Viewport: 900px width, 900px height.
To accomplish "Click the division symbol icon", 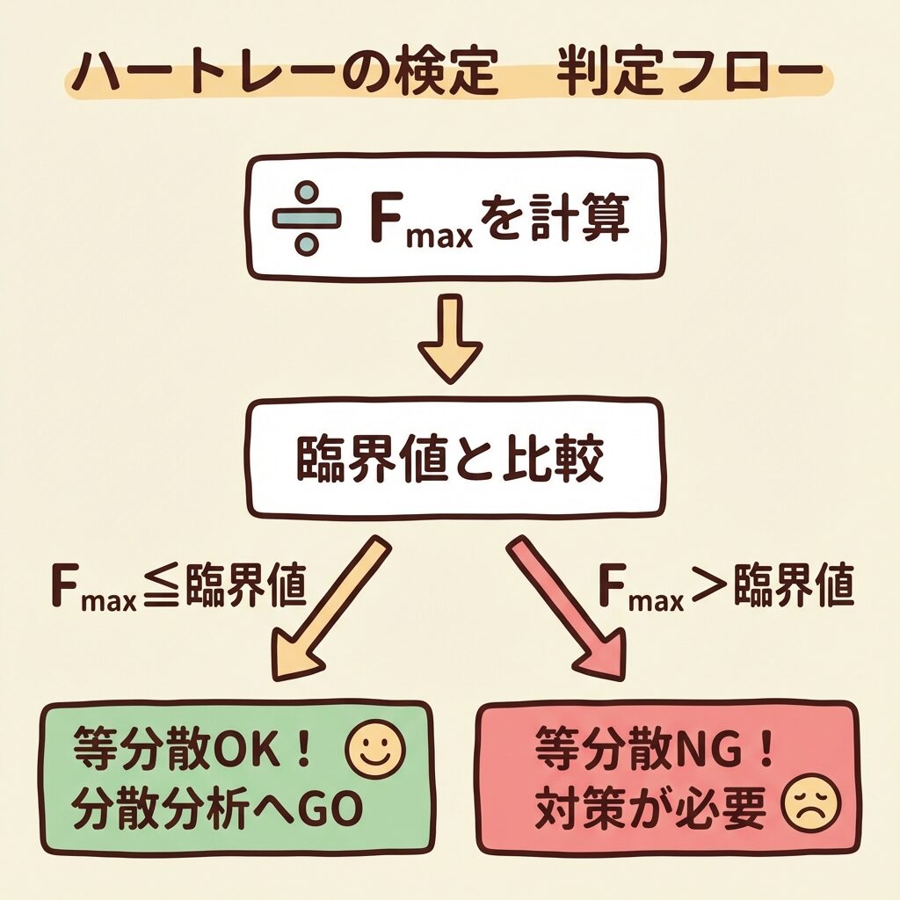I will click(306, 218).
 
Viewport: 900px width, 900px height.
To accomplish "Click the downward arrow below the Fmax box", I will click(450, 337).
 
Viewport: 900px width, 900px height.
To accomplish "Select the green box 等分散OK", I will click(237, 778).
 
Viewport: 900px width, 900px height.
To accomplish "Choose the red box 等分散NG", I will click(665, 777).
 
